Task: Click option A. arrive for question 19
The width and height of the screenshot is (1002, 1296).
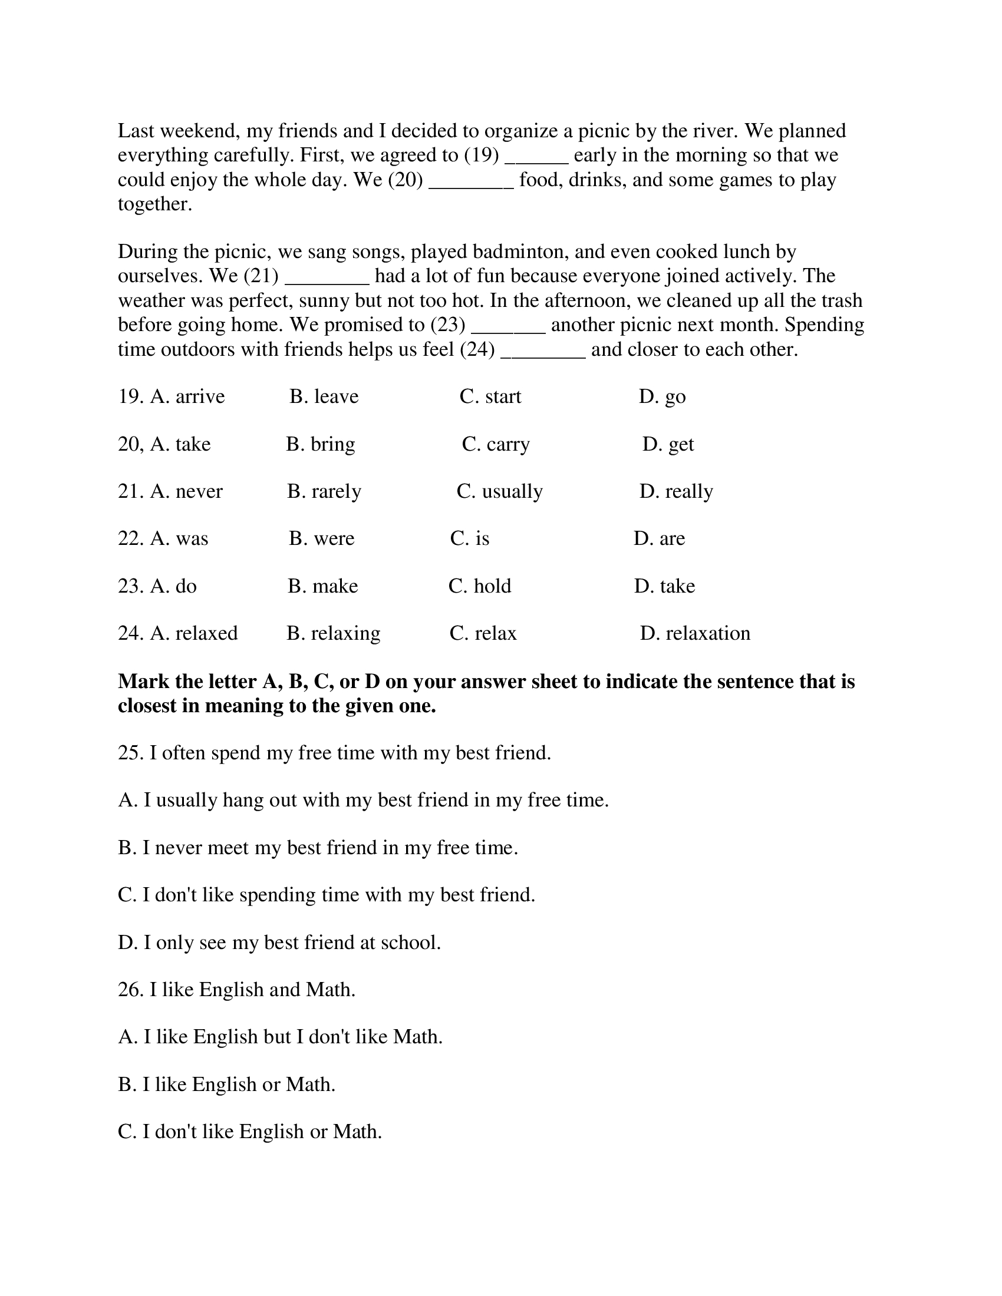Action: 187,396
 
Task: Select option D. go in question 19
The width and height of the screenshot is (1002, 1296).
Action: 662,396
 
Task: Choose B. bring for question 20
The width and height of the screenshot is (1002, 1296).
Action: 321,444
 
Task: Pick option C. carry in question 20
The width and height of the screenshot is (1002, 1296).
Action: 496,444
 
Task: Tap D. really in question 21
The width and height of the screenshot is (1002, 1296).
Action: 676,491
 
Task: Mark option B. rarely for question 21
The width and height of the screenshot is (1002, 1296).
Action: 324,491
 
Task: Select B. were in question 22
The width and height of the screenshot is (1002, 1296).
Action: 322,538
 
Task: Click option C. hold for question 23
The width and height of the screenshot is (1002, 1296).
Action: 480,586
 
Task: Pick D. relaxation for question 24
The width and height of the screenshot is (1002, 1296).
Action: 695,633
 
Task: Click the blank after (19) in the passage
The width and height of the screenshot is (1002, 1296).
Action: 536,157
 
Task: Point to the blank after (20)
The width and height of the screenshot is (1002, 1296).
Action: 471,181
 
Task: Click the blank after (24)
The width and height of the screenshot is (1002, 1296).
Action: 543,351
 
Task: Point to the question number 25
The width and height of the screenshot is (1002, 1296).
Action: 131,752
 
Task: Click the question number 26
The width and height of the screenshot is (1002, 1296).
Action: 131,989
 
